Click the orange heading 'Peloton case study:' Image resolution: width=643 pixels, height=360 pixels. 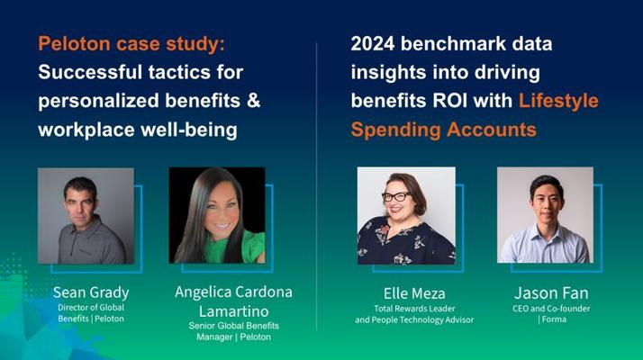pyautogui.click(x=131, y=44)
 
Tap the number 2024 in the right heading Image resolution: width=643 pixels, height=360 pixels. pyautogui.click(x=373, y=43)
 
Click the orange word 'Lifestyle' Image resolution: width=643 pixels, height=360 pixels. pyautogui.click(x=558, y=102)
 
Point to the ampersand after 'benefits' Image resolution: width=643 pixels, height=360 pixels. pyautogui.click(x=254, y=101)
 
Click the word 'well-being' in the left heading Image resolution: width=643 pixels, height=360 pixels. pyautogui.click(x=189, y=130)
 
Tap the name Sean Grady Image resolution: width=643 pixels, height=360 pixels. pyautogui.click(x=91, y=292)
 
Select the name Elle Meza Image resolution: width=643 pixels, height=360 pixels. pyautogui.click(x=414, y=293)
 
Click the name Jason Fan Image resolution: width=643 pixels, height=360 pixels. pyautogui.click(x=551, y=293)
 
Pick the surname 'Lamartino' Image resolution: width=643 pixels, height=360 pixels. pyautogui.click(x=234, y=311)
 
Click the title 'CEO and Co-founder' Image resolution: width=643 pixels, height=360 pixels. pyautogui.click(x=551, y=309)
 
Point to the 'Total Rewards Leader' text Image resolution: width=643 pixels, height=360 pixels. pyautogui.click(x=414, y=309)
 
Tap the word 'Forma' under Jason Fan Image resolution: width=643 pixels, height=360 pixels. pyautogui.click(x=554, y=319)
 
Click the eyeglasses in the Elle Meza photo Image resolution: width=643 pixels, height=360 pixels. pyautogui.click(x=396, y=197)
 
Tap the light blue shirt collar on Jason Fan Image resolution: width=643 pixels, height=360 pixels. pyautogui.click(x=546, y=229)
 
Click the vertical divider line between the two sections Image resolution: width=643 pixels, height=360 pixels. pyautogui.click(x=317, y=186)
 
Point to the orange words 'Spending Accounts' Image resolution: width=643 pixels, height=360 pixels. pyautogui.click(x=444, y=130)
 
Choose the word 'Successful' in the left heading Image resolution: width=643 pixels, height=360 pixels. pyautogui.click(x=90, y=73)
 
